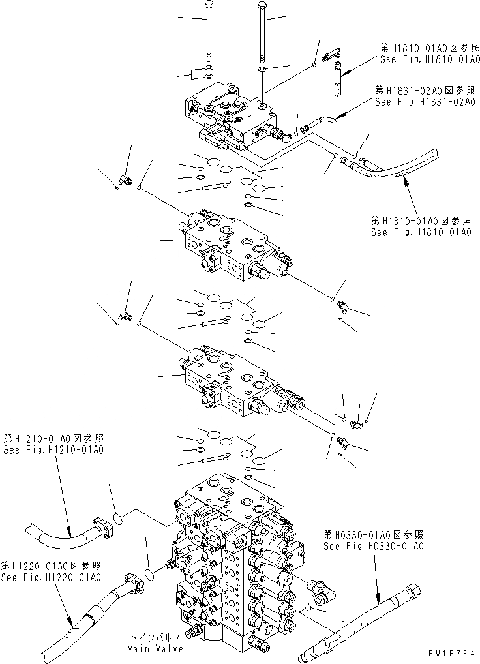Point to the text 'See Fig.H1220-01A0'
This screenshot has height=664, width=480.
pos(51,577)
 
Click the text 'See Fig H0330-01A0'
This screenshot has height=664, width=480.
pos(373,546)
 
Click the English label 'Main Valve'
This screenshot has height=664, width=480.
pos(156,649)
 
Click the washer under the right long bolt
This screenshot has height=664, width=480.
pos(261,68)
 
